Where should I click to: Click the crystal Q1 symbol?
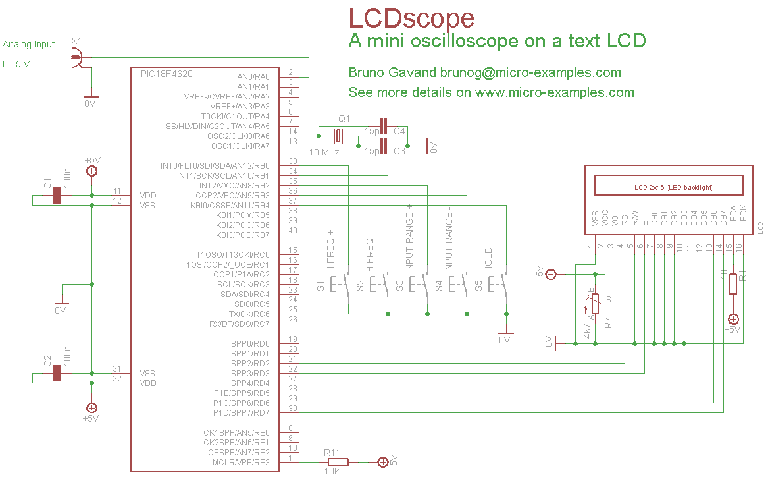pyautogui.click(x=338, y=136)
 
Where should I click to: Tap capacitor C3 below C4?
pyautogui.click(x=384, y=146)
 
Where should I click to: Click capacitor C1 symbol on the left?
pyautogui.click(x=57, y=196)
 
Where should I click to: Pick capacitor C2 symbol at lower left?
pyautogui.click(x=57, y=374)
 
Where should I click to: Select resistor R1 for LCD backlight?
pyautogui.click(x=733, y=283)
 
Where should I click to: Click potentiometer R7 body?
pyautogui.click(x=595, y=304)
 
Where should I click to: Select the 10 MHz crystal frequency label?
pyautogui.click(x=323, y=152)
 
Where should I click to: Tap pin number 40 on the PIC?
pyautogui.click(x=293, y=231)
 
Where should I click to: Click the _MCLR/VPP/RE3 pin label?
pyautogui.click(x=238, y=463)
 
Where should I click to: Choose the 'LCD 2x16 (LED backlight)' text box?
pyautogui.click(x=669, y=187)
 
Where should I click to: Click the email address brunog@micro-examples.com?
pyautogui.click(x=530, y=72)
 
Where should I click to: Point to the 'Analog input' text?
pyautogui.click(x=29, y=44)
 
